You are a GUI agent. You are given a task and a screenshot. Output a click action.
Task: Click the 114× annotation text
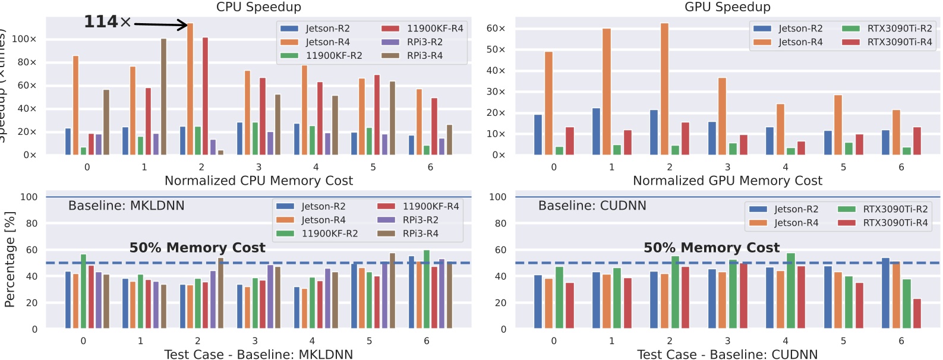pyautogui.click(x=108, y=22)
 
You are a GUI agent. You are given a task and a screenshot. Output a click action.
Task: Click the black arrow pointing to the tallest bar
pyautogui.click(x=160, y=24)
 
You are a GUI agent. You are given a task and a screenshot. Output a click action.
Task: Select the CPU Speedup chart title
pyautogui.click(x=258, y=7)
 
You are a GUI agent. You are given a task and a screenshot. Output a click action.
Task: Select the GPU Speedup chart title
pyautogui.click(x=727, y=7)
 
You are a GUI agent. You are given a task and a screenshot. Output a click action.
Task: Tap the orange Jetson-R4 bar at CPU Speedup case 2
pyautogui.click(x=190, y=89)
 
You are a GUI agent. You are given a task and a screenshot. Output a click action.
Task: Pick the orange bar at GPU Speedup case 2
pyautogui.click(x=664, y=89)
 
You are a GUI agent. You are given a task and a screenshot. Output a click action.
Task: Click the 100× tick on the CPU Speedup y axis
pyautogui.click(x=24, y=39)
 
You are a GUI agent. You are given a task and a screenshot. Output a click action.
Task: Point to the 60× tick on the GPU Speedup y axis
pyautogui.click(x=496, y=29)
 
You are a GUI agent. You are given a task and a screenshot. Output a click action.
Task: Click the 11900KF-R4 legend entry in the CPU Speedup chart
pyautogui.click(x=422, y=29)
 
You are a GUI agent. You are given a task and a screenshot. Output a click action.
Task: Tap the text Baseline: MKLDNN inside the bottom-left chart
pyautogui.click(x=126, y=206)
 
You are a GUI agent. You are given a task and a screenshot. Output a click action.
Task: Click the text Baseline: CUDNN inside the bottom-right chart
pyautogui.click(x=592, y=206)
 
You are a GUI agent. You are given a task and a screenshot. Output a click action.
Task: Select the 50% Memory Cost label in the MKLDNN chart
pyautogui.click(x=197, y=248)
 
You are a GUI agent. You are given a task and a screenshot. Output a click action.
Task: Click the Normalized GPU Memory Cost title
pyautogui.click(x=727, y=181)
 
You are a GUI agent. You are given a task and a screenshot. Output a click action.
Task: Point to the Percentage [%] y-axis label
pyautogui.click(x=9, y=260)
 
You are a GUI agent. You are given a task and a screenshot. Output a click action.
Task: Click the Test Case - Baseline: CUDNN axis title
pyautogui.click(x=727, y=355)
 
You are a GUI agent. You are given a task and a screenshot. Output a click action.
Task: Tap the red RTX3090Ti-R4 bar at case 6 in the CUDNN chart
pyautogui.click(x=917, y=314)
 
